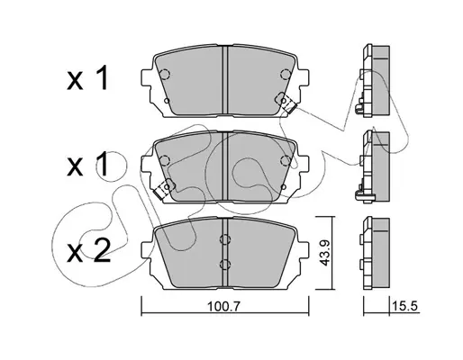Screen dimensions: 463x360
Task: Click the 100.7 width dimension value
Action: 224,306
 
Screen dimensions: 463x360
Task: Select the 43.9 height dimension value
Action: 324,253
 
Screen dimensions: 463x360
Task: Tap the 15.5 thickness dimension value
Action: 404,306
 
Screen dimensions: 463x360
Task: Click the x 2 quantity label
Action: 87,251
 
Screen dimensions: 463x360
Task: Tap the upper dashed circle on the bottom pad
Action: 225,239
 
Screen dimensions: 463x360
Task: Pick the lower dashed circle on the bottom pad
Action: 225,265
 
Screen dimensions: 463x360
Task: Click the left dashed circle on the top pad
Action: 165,74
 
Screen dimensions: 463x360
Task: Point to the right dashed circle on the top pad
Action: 286,74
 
